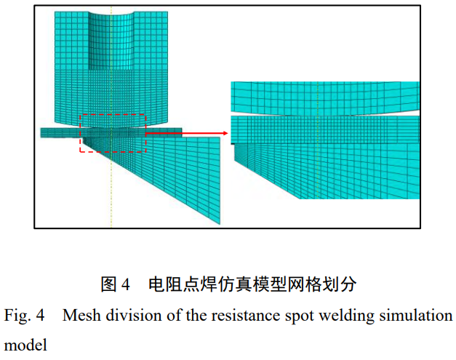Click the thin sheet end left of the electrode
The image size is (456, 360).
[x=48, y=132]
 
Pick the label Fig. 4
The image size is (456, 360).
[x=25, y=316]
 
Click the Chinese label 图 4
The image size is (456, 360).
[x=115, y=284]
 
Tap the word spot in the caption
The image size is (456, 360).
[x=295, y=316]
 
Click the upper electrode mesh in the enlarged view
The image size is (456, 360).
[x=324, y=96]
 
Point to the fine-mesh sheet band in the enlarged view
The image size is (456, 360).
[x=324, y=129]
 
